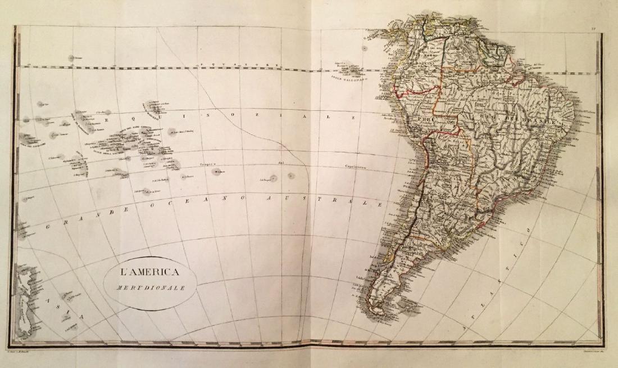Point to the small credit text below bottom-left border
(28, 350)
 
